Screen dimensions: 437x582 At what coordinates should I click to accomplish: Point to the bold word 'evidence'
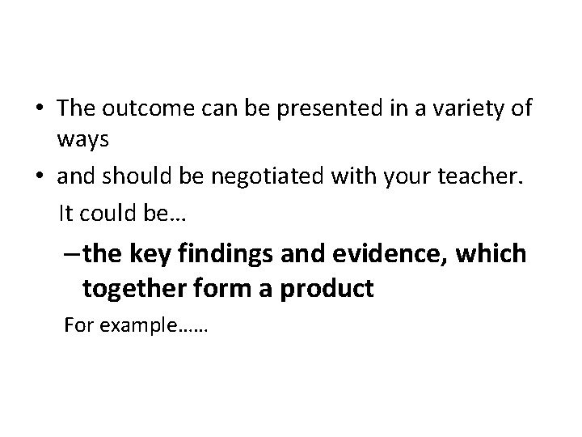tap(394, 253)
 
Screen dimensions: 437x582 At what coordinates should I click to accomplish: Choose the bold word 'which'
tap(493, 253)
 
